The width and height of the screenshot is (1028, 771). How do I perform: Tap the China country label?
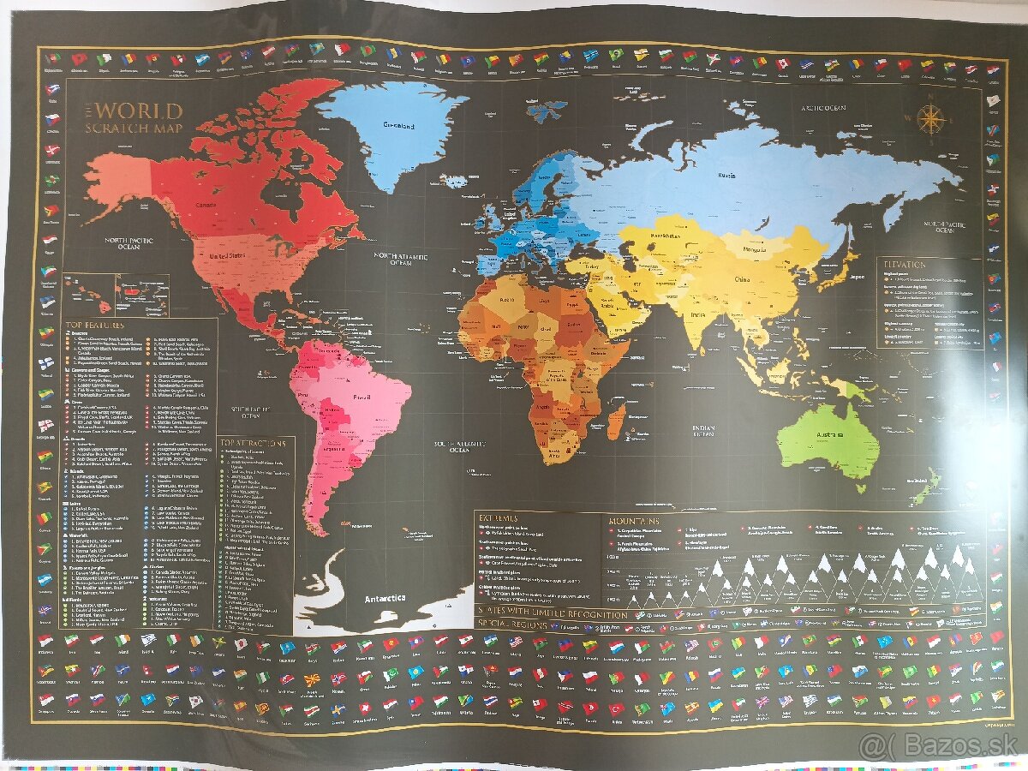(x=741, y=278)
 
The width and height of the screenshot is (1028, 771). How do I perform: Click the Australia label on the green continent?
(x=829, y=436)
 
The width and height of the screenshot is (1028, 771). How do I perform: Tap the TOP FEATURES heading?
(x=94, y=326)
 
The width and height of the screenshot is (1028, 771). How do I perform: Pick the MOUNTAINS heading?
(x=635, y=520)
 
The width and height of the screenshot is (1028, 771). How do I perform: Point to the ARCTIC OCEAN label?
(x=822, y=108)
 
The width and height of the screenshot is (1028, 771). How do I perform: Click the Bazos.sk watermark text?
(x=939, y=746)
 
